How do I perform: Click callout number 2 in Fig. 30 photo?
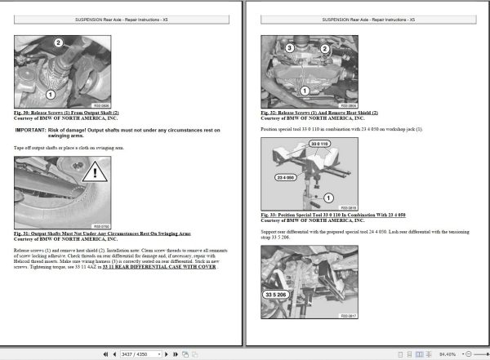click(x=59, y=42)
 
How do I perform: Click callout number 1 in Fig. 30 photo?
click(x=50, y=94)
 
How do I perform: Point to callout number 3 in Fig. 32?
click(x=289, y=49)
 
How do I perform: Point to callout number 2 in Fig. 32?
click(x=324, y=49)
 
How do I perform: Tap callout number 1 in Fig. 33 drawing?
click(x=328, y=197)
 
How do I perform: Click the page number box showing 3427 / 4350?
click(x=140, y=354)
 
